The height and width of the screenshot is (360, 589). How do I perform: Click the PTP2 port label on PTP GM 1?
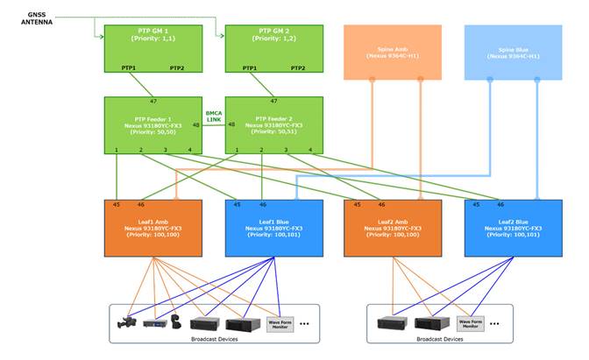point(176,68)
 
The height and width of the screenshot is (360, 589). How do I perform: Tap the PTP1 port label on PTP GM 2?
point(250,68)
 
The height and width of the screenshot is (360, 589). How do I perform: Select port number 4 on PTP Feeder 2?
point(310,152)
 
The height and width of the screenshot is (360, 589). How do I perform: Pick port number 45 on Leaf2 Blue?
point(476,204)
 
